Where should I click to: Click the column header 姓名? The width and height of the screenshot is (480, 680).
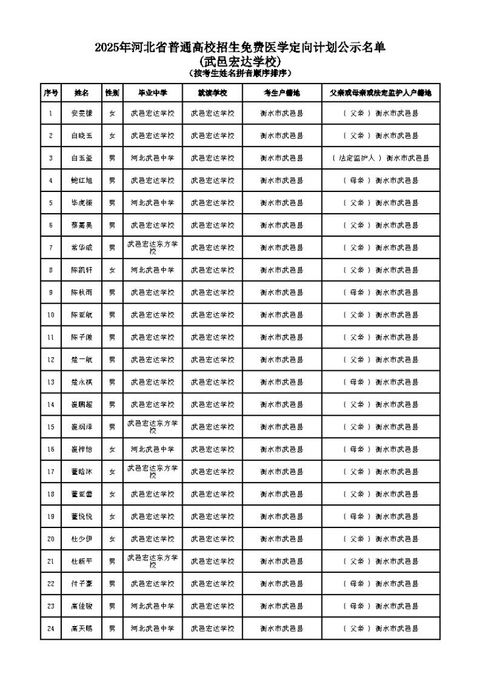point(82,93)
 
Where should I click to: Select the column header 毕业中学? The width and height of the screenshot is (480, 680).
point(152,93)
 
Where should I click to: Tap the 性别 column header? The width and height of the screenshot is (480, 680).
point(112,93)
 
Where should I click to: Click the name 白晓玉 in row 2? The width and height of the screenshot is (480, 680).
point(82,135)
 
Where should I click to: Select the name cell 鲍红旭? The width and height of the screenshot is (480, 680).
point(82,180)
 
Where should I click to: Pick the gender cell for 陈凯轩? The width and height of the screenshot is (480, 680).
point(112,270)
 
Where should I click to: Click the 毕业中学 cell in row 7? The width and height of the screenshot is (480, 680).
point(152,247)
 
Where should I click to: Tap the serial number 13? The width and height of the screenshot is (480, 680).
point(51,381)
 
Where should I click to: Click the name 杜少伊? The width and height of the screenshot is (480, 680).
point(82,539)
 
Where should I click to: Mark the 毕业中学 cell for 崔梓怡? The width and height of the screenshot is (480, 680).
point(152,449)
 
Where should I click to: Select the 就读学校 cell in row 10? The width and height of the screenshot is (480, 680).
point(212,314)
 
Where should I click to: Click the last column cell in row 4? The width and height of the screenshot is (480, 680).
point(381,180)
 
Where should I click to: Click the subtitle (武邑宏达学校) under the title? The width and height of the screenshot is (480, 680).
point(239,61)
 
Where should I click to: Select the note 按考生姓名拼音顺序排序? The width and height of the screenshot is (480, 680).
point(239,72)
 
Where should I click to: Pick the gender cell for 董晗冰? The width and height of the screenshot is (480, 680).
point(112,472)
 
